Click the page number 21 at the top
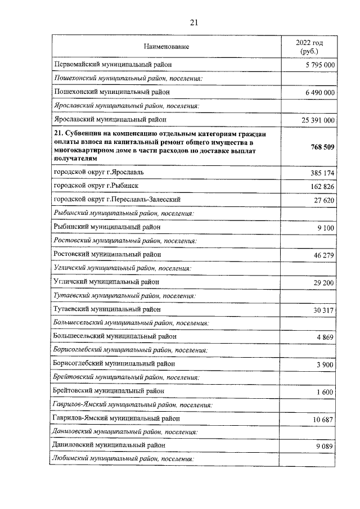click(194, 22)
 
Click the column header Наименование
click(166, 46)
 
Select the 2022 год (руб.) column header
click(309, 46)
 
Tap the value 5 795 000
click(317, 65)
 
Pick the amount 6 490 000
click(317, 93)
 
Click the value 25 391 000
click(315, 120)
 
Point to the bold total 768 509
click(322, 147)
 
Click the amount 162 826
click(322, 186)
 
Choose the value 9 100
click(326, 228)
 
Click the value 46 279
click(324, 255)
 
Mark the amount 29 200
click(324, 282)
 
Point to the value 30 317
click(324, 310)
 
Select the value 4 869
click(326, 337)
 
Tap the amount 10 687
click(324, 420)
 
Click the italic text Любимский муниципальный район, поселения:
click(123, 460)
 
